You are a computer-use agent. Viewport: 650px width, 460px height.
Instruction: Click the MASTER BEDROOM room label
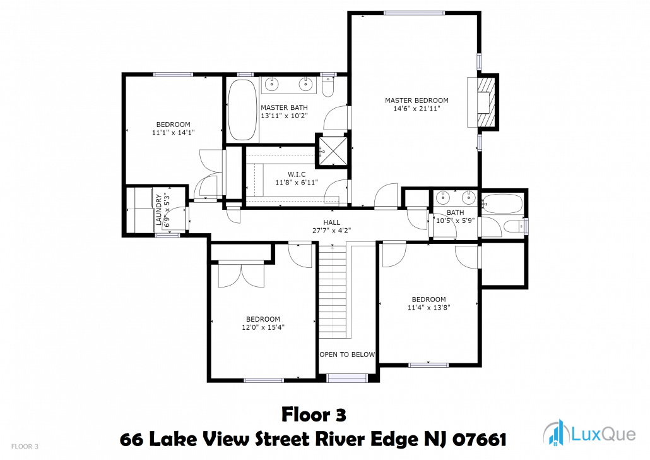[x=417, y=100]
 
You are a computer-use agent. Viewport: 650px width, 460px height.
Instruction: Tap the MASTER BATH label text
[x=285, y=107]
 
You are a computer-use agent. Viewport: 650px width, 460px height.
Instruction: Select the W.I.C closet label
[x=297, y=174]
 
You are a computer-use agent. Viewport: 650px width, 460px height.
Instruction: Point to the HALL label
[x=332, y=222]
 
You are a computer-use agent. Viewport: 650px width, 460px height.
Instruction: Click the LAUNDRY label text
[x=159, y=210]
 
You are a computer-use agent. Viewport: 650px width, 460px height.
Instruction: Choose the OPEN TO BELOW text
[x=347, y=354]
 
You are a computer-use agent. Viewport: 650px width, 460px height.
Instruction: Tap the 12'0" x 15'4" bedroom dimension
[x=263, y=327]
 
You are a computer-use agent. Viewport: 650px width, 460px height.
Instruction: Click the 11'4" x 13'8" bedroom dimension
[x=429, y=308]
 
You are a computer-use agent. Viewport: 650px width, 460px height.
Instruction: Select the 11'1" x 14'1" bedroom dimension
[x=174, y=133]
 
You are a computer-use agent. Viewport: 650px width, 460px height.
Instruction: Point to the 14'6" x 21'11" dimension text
[x=417, y=109]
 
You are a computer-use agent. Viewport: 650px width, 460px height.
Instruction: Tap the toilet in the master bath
[x=328, y=86]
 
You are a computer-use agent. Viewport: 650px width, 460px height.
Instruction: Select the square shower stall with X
[x=333, y=151]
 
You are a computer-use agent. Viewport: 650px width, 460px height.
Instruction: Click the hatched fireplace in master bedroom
[x=487, y=102]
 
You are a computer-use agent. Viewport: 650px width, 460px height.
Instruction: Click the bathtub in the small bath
[x=502, y=204]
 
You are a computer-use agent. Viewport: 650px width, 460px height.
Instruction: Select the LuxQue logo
[x=589, y=433]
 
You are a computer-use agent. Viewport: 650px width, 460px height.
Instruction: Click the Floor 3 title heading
[x=314, y=415]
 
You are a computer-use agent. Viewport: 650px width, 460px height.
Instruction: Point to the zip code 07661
[x=479, y=439]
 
